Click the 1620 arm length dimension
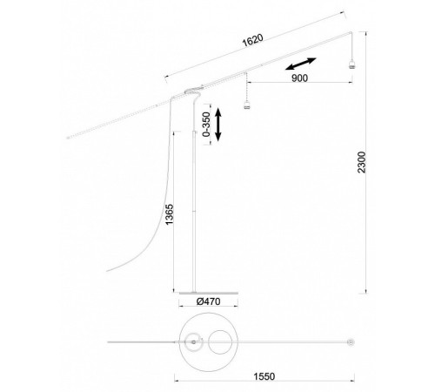(253, 40)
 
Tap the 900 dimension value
(299, 78)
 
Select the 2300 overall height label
(362, 162)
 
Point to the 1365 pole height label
(169, 214)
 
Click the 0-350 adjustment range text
(206, 124)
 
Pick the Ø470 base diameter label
(208, 301)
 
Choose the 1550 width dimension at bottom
(264, 376)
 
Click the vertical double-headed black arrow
(218, 125)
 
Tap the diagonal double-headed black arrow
(300, 64)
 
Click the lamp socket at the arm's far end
(351, 64)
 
